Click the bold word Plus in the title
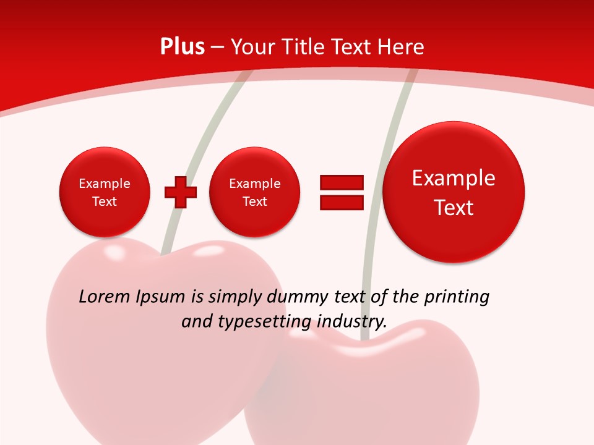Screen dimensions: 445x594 coord(182,47)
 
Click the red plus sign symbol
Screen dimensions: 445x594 coord(181,192)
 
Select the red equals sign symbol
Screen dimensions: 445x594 coord(342,192)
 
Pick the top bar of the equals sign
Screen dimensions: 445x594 coord(342,182)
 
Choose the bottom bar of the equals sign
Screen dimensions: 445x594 coord(342,203)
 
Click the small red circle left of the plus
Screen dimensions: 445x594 coord(105,192)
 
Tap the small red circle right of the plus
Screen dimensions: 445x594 coord(254,192)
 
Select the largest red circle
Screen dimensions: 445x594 coord(454,192)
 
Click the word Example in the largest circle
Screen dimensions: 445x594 coord(454,178)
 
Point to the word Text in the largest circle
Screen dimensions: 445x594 coord(454,208)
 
